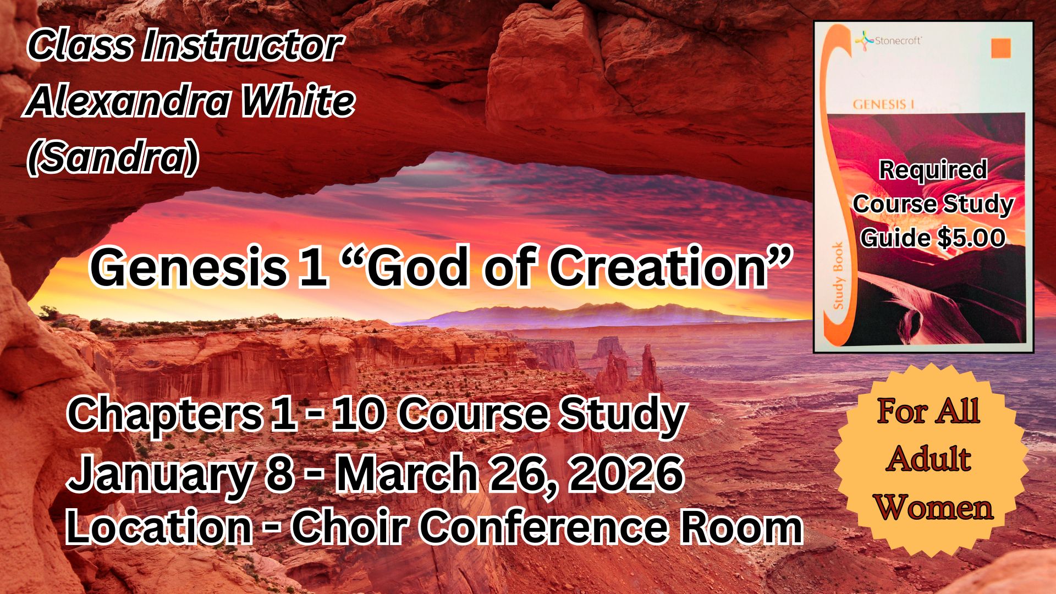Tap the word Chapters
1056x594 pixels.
point(164,416)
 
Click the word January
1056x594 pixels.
point(160,475)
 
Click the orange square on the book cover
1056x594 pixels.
point(1001,48)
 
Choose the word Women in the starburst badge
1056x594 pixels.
point(934,507)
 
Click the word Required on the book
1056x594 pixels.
point(933,170)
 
